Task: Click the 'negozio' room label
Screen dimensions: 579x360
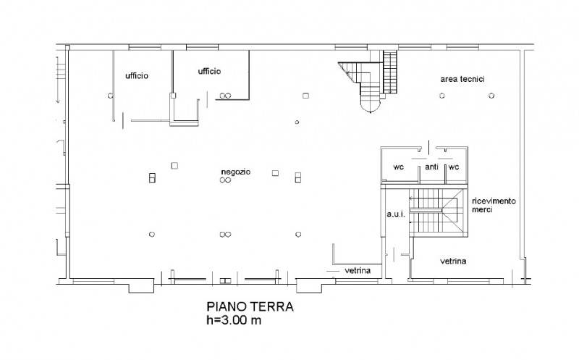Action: tap(236, 172)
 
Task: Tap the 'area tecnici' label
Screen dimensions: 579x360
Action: tap(462, 79)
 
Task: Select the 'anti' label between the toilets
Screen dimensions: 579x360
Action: tap(431, 167)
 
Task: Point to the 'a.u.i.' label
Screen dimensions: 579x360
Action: tap(396, 214)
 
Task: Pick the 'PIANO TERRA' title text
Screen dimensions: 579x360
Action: tap(250, 307)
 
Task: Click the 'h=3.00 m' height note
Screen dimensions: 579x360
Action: tap(234, 320)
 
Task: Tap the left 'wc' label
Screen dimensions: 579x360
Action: tap(399, 167)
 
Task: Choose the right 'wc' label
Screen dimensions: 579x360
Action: tap(454, 167)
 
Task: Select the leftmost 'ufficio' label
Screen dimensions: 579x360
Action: tap(137, 76)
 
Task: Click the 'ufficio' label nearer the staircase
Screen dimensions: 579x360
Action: tap(209, 71)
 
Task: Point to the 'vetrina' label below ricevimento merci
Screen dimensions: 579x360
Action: tap(453, 261)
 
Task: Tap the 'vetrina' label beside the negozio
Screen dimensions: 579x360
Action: tap(358, 271)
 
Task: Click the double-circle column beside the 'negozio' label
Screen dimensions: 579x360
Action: tap(225, 180)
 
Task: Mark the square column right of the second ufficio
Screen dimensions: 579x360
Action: tap(305, 96)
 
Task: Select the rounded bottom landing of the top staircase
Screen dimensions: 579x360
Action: tap(370, 106)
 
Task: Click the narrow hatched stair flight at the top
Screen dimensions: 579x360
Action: tap(390, 72)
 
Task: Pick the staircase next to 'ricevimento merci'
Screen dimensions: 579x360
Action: tap(436, 212)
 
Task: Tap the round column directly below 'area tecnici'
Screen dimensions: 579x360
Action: tap(442, 96)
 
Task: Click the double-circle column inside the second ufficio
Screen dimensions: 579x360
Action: tap(225, 96)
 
